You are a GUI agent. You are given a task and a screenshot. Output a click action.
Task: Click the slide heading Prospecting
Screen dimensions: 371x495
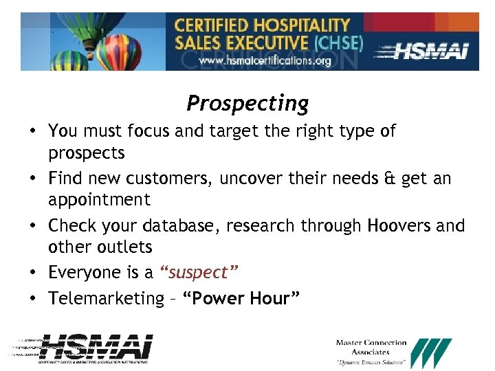coord(247,104)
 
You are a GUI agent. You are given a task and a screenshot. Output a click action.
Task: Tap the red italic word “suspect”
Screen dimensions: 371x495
coord(199,273)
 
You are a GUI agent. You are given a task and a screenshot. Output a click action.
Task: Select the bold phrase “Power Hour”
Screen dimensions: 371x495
coord(241,298)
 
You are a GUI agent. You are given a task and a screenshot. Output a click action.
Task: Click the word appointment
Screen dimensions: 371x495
coord(99,200)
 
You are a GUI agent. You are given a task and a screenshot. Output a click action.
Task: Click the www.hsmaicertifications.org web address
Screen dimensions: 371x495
coord(265,60)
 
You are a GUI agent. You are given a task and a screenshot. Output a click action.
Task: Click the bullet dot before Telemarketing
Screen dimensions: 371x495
coord(34,299)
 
